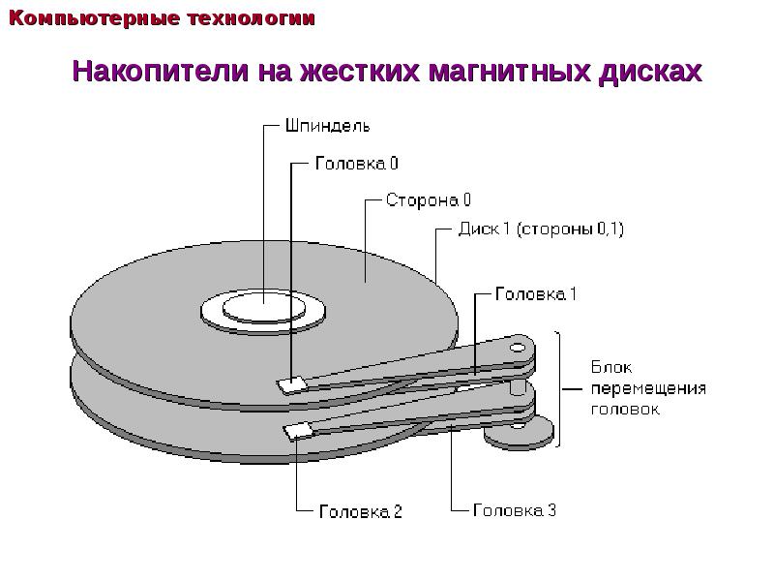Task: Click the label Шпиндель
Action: (x=326, y=125)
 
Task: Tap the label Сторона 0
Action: (x=429, y=201)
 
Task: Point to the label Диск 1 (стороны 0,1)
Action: (x=541, y=230)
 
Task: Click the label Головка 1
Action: (x=536, y=292)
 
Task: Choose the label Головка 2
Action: (x=361, y=510)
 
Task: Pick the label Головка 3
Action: (x=515, y=509)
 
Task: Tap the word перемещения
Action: (x=648, y=388)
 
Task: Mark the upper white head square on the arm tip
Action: (x=291, y=384)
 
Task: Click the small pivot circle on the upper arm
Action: (x=518, y=347)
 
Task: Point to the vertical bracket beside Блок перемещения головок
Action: (x=559, y=388)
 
